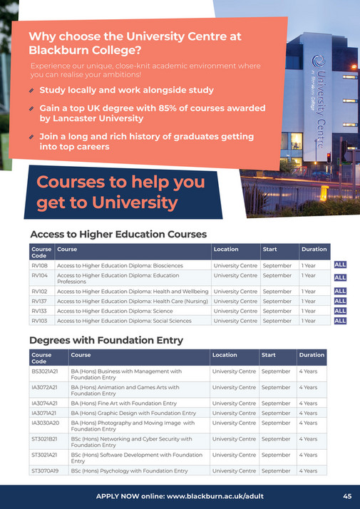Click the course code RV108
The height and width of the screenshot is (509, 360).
39,265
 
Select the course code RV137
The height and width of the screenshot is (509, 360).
39,301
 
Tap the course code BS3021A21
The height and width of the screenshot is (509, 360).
45,371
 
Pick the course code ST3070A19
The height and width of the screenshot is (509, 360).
46,471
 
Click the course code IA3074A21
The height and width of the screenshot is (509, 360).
45,403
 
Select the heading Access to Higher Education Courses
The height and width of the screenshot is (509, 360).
118,234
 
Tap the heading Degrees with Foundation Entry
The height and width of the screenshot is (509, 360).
106,341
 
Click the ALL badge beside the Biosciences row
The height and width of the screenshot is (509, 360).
340,265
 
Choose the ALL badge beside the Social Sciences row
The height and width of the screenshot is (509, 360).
340,321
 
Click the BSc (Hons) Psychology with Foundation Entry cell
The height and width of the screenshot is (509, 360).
129,471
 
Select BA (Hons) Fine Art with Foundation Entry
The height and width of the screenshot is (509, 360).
123,403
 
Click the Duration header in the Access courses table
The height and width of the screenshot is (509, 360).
314,249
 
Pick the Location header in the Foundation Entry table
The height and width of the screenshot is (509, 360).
225,354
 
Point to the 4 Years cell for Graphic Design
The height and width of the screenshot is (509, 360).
309,413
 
